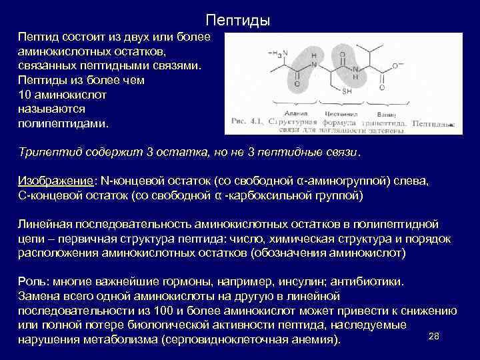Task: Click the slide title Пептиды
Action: tap(237, 21)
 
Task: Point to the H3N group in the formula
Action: tap(276, 53)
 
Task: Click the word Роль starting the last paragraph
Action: tap(31, 281)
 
